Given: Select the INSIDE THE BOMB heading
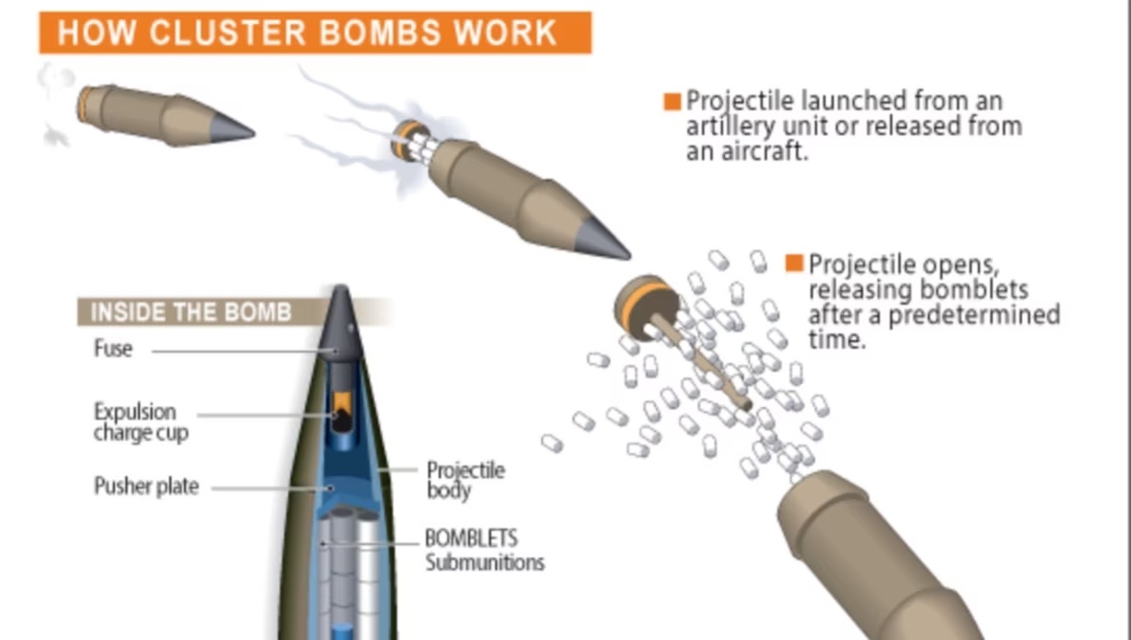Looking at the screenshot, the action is point(192,312).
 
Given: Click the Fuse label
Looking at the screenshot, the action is point(113,349).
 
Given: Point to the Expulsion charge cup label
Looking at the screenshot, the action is point(142,423).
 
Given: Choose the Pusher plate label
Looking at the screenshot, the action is point(147,486).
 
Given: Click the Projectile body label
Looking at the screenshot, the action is point(465,480).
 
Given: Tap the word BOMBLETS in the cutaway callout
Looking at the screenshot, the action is point(471,538).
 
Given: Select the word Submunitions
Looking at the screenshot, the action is point(484,562).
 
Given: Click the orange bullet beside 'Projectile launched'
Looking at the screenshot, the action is point(672,102).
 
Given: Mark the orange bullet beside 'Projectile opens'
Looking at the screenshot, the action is point(794,263).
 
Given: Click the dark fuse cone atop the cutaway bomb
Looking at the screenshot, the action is point(340,323).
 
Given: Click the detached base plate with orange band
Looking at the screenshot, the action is point(645,307).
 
